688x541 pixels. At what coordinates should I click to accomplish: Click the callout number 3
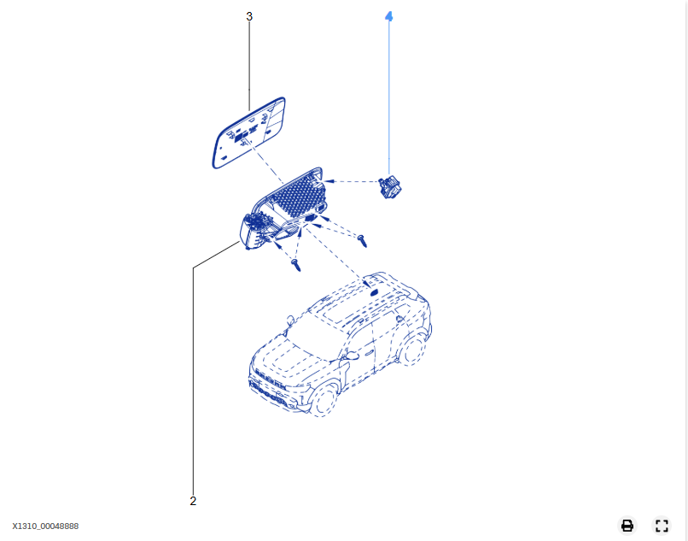(249, 17)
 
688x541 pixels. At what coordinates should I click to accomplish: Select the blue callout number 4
(388, 17)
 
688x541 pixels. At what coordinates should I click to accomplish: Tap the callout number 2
(193, 501)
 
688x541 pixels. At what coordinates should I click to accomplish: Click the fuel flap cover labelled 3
(248, 132)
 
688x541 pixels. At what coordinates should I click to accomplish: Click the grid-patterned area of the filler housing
(299, 196)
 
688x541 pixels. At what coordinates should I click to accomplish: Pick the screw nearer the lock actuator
(363, 240)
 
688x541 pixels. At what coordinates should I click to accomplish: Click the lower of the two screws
(296, 265)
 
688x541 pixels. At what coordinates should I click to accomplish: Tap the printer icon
(627, 525)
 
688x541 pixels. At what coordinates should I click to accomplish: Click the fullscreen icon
(662, 525)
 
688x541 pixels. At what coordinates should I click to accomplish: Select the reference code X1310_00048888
(45, 526)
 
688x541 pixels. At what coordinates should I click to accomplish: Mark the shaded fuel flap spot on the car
(374, 291)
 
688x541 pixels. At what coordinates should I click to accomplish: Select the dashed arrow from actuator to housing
(352, 181)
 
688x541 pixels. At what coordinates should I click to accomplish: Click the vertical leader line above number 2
(193, 381)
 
